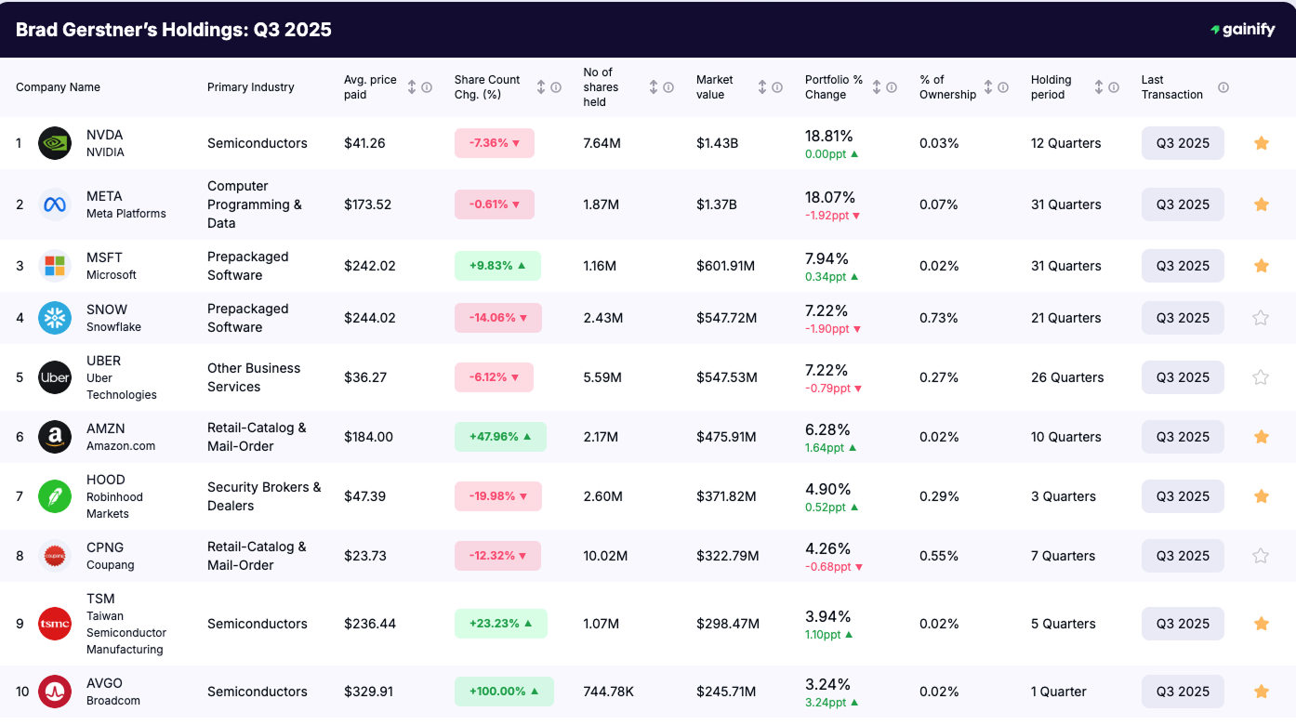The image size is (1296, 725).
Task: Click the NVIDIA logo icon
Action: point(55,143)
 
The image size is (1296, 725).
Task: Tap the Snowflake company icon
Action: point(55,318)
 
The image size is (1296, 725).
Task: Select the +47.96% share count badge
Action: point(500,437)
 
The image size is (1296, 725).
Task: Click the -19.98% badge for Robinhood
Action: point(497,496)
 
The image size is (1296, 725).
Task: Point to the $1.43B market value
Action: point(716,143)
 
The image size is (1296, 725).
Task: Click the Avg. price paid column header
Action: point(370,87)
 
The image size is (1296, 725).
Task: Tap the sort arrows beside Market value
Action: point(762,87)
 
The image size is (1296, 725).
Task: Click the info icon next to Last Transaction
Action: point(1223,87)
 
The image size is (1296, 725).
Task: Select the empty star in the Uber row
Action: point(1261,377)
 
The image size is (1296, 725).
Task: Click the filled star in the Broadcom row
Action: point(1261,692)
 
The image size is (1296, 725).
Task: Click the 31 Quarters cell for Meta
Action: point(1065,204)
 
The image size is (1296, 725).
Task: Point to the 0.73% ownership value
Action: point(938,318)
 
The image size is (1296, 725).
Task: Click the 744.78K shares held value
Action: point(608,692)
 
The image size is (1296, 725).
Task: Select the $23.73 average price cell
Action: point(364,556)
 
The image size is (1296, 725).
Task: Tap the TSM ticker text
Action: point(100,599)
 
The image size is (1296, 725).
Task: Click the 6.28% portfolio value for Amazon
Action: point(827,428)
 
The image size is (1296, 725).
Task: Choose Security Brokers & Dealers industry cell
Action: point(264,496)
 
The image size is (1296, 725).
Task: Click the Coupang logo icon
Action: point(55,556)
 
